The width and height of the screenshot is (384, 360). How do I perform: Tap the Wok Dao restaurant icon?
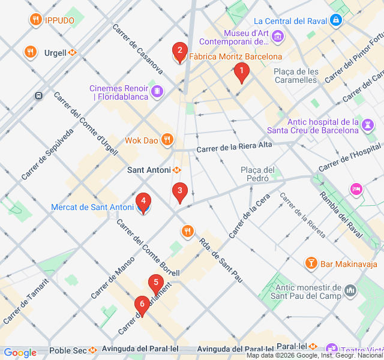pyautogui.click(x=167, y=140)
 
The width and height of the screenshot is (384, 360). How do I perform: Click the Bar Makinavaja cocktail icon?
pyautogui.click(x=311, y=263)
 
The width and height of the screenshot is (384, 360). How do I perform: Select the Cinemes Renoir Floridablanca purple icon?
pyautogui.click(x=157, y=91)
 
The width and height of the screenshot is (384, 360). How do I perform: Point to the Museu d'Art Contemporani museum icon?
pyautogui.click(x=278, y=38)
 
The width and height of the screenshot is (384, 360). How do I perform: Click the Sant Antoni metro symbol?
pyautogui.click(x=177, y=170)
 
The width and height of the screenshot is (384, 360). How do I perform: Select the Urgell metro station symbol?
pyautogui.click(x=73, y=52)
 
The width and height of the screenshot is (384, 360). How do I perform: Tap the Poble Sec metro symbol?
pyautogui.click(x=93, y=350)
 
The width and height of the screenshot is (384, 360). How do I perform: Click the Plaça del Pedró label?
pyautogui.click(x=257, y=173)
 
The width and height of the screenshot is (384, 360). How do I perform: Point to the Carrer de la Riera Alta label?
pyautogui.click(x=234, y=147)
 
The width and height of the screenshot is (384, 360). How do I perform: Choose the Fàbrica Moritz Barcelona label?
pyautogui.click(x=235, y=57)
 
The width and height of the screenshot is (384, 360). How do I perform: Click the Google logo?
pyautogui.click(x=20, y=353)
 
